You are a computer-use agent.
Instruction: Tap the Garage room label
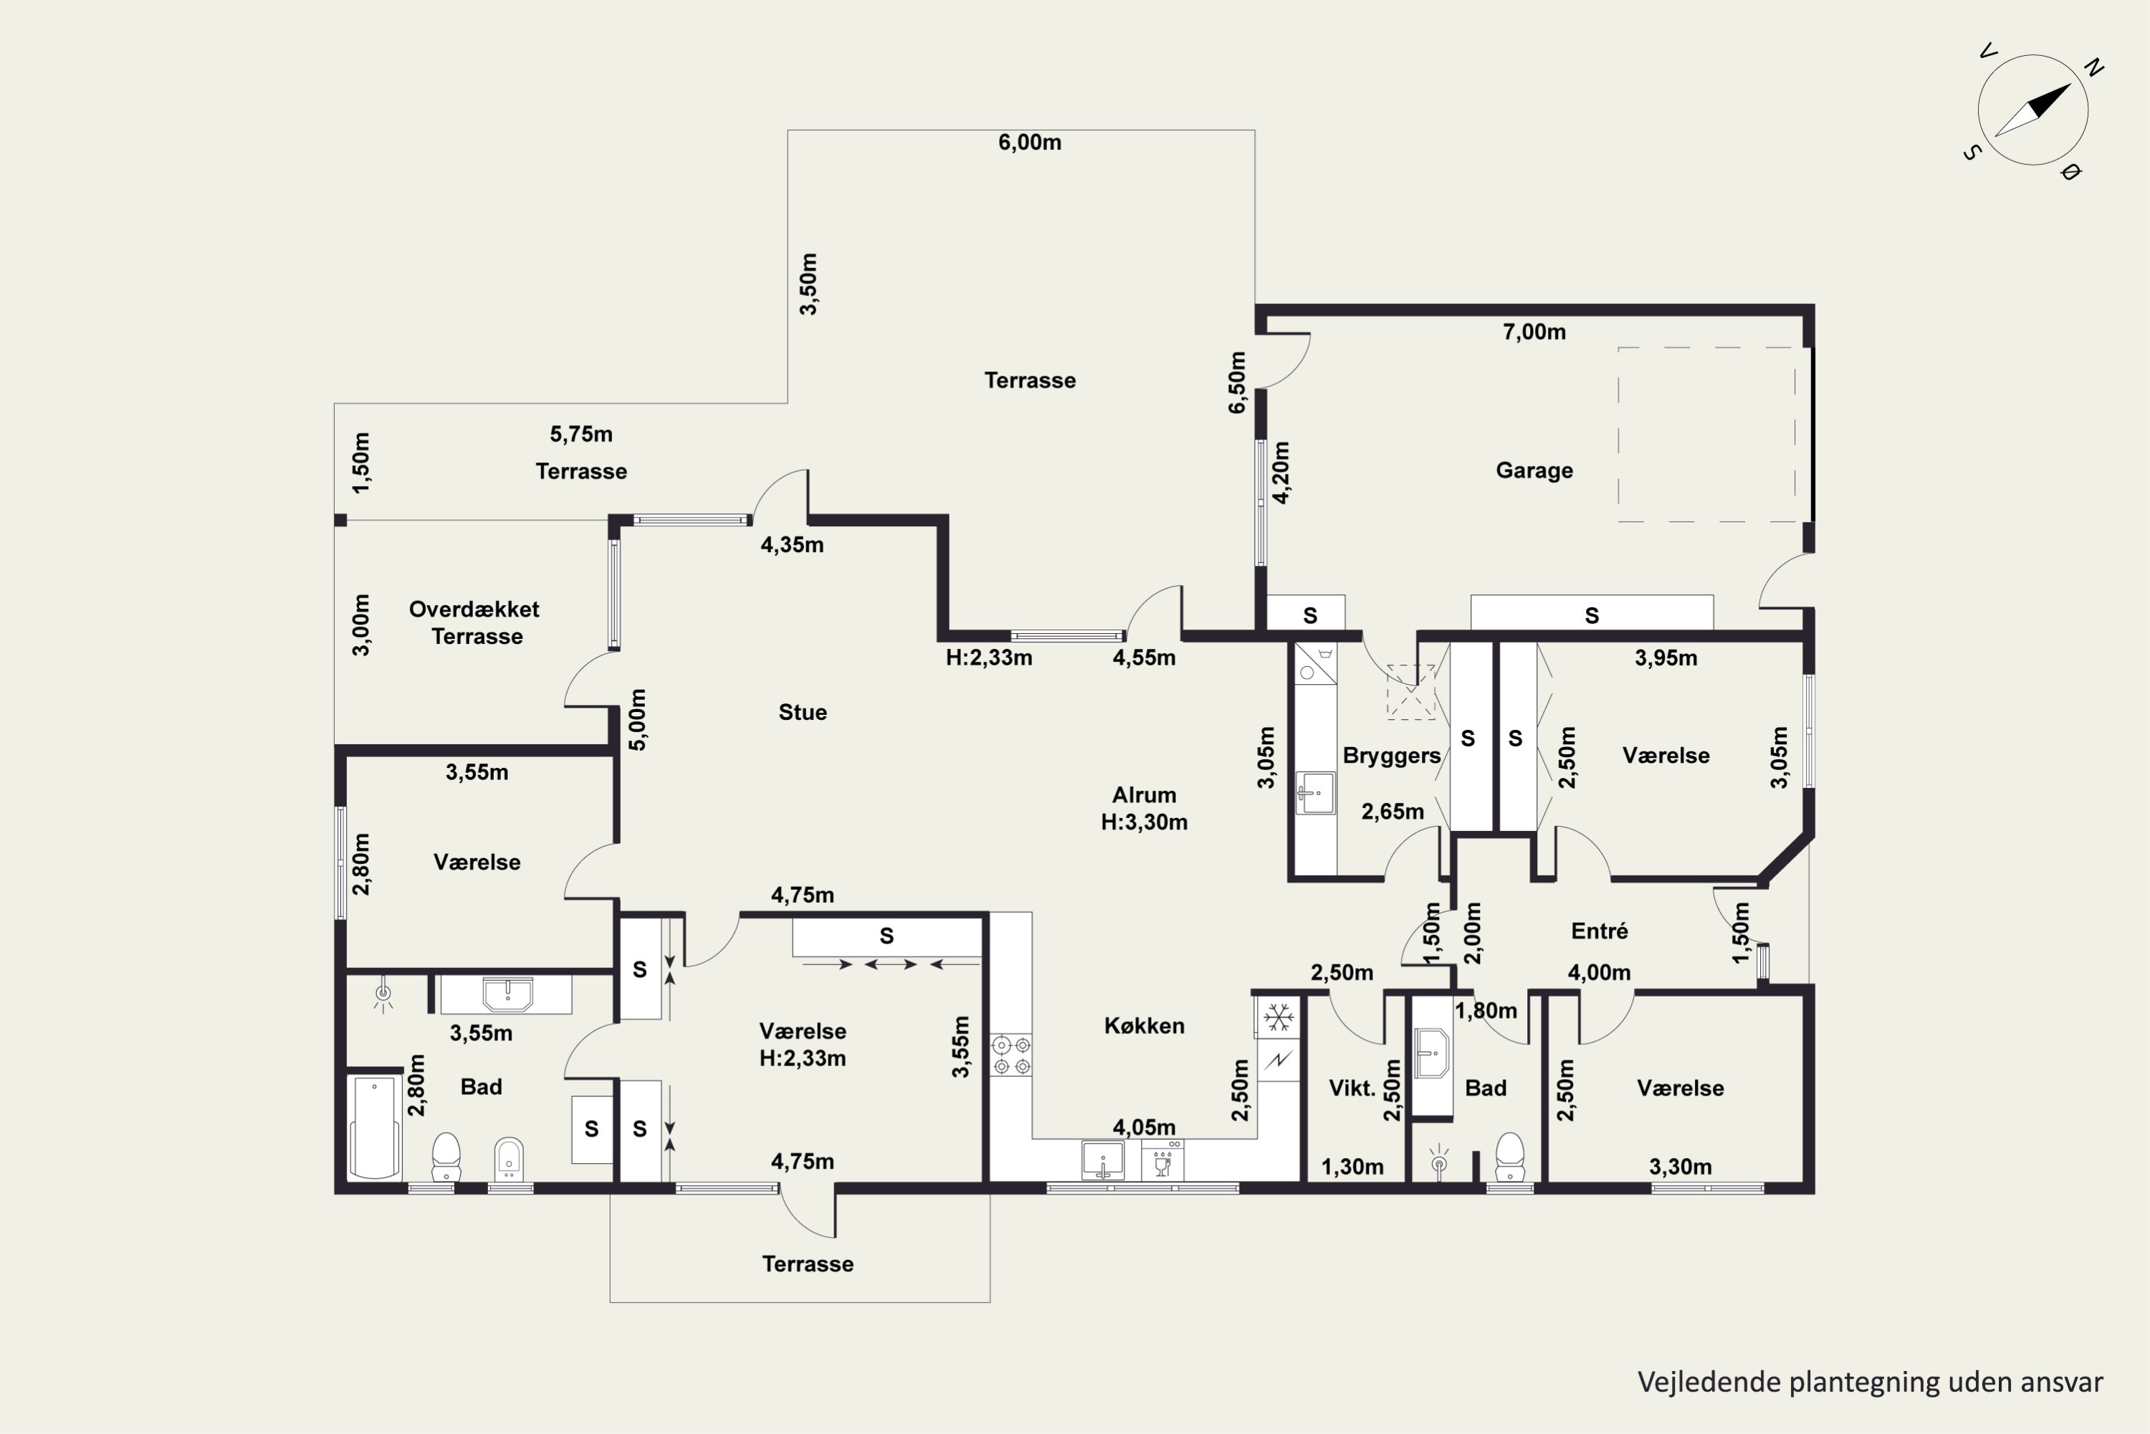pyautogui.click(x=1534, y=470)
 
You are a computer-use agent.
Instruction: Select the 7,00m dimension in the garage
pyautogui.click(x=1534, y=332)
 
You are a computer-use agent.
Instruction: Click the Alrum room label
pyautogui.click(x=1144, y=794)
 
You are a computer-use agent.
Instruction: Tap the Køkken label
pyautogui.click(x=1144, y=1026)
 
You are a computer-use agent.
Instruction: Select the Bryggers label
pyautogui.click(x=1391, y=756)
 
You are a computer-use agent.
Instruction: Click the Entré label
pyautogui.click(x=1599, y=931)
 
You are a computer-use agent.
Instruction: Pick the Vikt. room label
pyautogui.click(x=1352, y=1088)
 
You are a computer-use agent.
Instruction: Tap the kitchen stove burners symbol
pyautogui.click(x=1012, y=1055)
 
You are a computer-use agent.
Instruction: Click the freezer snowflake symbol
pyautogui.click(x=1278, y=1017)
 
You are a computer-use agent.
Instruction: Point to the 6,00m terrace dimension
pyautogui.click(x=1029, y=143)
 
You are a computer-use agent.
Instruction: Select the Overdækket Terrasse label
pyautogui.click(x=474, y=623)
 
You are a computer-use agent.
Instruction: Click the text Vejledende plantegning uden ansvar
pyautogui.click(x=1869, y=1382)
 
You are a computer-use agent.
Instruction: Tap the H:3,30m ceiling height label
pyautogui.click(x=1144, y=822)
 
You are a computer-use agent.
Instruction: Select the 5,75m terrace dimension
pyautogui.click(x=580, y=435)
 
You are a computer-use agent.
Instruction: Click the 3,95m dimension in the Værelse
pyautogui.click(x=1666, y=658)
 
